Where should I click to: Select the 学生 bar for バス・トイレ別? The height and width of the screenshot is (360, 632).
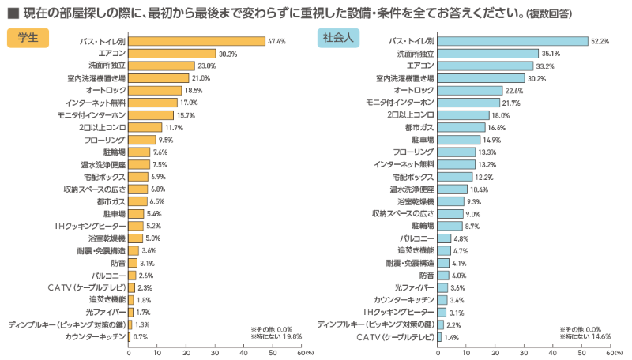click(x=197, y=41)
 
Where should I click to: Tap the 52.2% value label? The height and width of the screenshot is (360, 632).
click(x=600, y=41)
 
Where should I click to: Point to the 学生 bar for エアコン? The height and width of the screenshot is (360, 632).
click(x=172, y=54)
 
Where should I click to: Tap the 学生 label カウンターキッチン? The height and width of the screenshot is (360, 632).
click(x=95, y=337)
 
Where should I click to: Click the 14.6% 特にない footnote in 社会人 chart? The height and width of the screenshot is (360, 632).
click(x=585, y=336)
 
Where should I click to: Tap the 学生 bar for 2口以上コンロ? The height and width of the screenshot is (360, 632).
click(x=145, y=127)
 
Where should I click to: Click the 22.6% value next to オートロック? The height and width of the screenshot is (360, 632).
click(x=514, y=91)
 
